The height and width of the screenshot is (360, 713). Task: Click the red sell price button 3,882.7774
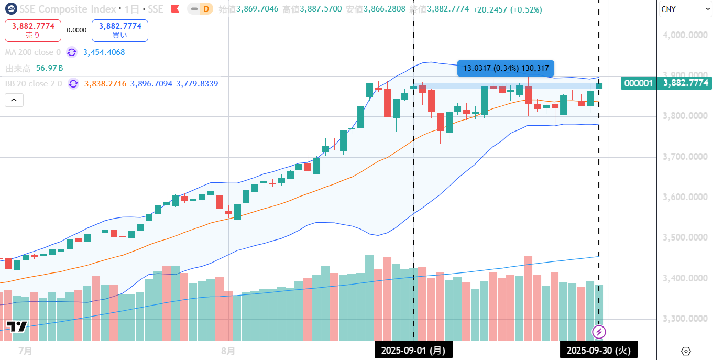tap(33, 30)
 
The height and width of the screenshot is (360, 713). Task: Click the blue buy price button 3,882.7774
tap(119, 30)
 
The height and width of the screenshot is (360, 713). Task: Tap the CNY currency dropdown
tap(683, 9)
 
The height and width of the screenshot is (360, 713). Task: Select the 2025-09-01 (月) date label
tap(413, 350)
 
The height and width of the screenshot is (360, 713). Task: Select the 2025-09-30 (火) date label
tap(599, 350)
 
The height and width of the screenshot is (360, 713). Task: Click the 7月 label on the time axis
tap(25, 350)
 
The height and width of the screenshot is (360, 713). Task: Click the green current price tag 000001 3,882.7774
tap(665, 83)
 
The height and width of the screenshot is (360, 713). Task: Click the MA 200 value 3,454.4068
tap(104, 52)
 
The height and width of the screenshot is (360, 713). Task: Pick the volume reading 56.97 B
tap(49, 68)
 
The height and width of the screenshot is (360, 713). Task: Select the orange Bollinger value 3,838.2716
tap(105, 84)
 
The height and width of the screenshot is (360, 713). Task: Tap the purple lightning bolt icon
tap(599, 332)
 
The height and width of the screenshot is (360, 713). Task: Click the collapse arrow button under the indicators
tap(14, 100)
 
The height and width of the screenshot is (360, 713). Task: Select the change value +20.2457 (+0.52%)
tap(507, 9)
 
